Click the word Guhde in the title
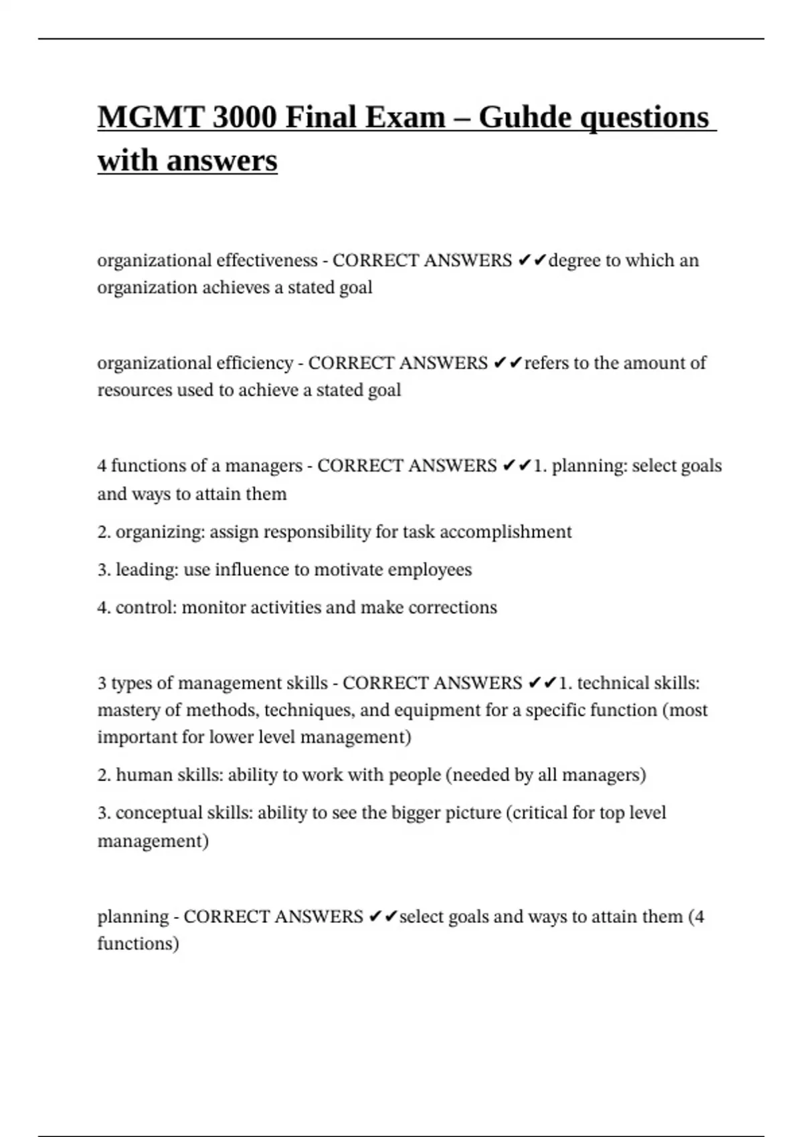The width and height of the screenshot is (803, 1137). [525, 118]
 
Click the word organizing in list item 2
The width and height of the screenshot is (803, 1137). [160, 532]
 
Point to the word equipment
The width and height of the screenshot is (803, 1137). [437, 710]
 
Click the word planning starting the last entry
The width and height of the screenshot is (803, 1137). [132, 917]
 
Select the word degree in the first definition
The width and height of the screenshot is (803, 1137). [574, 260]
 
